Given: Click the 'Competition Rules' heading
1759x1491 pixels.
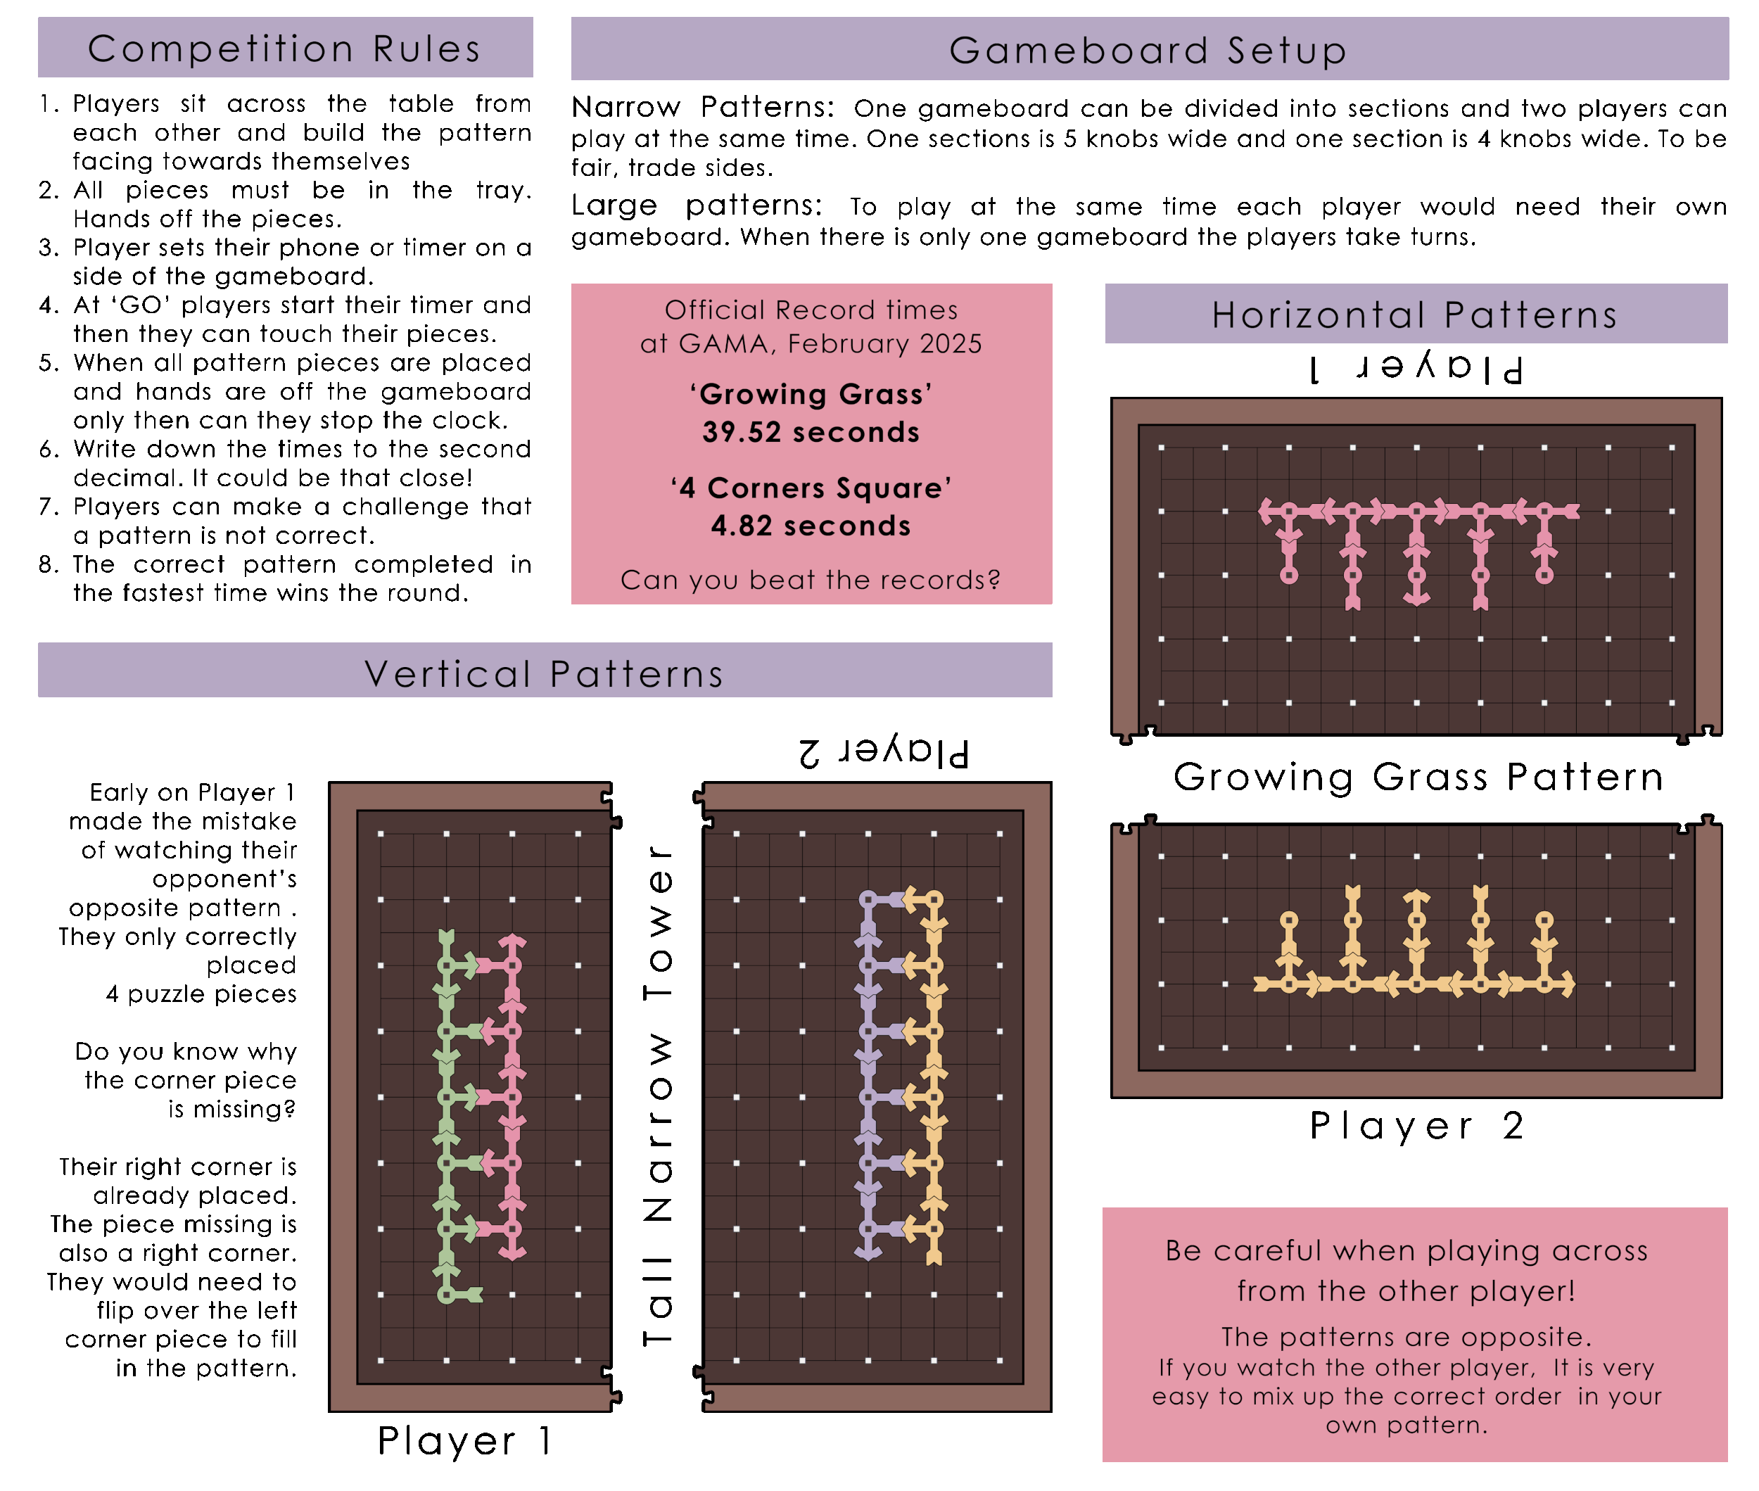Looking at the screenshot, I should pos(285,48).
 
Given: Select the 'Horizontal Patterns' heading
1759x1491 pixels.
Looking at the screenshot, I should pos(1415,315).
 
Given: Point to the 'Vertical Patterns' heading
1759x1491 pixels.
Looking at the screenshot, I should pos(545,673).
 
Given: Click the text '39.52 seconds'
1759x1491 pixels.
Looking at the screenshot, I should pos(811,432).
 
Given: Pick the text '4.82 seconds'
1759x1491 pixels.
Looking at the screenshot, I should pos(811,526).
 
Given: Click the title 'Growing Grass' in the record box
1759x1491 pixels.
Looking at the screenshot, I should pos(811,394).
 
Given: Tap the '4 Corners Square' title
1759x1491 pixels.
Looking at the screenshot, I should pos(811,488).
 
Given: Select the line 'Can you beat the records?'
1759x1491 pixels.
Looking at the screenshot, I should pos(811,580).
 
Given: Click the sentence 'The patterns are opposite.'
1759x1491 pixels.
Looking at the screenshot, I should pos(1406,1336).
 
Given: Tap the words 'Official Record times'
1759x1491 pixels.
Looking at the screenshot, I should pos(811,310).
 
